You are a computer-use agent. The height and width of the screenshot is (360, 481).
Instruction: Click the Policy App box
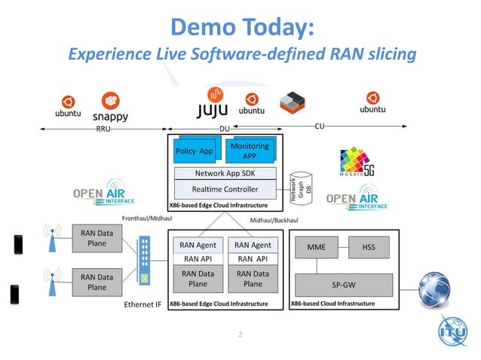(x=195, y=151)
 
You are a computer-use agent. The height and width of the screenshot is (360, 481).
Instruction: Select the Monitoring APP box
(x=249, y=150)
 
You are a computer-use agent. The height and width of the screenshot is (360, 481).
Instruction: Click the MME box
(x=316, y=246)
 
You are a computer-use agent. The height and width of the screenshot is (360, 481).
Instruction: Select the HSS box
(x=369, y=246)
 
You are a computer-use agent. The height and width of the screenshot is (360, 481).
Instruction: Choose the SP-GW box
(x=343, y=285)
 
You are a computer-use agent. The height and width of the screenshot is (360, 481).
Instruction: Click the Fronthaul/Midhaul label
(x=146, y=218)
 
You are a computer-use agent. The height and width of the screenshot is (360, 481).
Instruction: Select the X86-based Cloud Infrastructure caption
(x=332, y=304)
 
